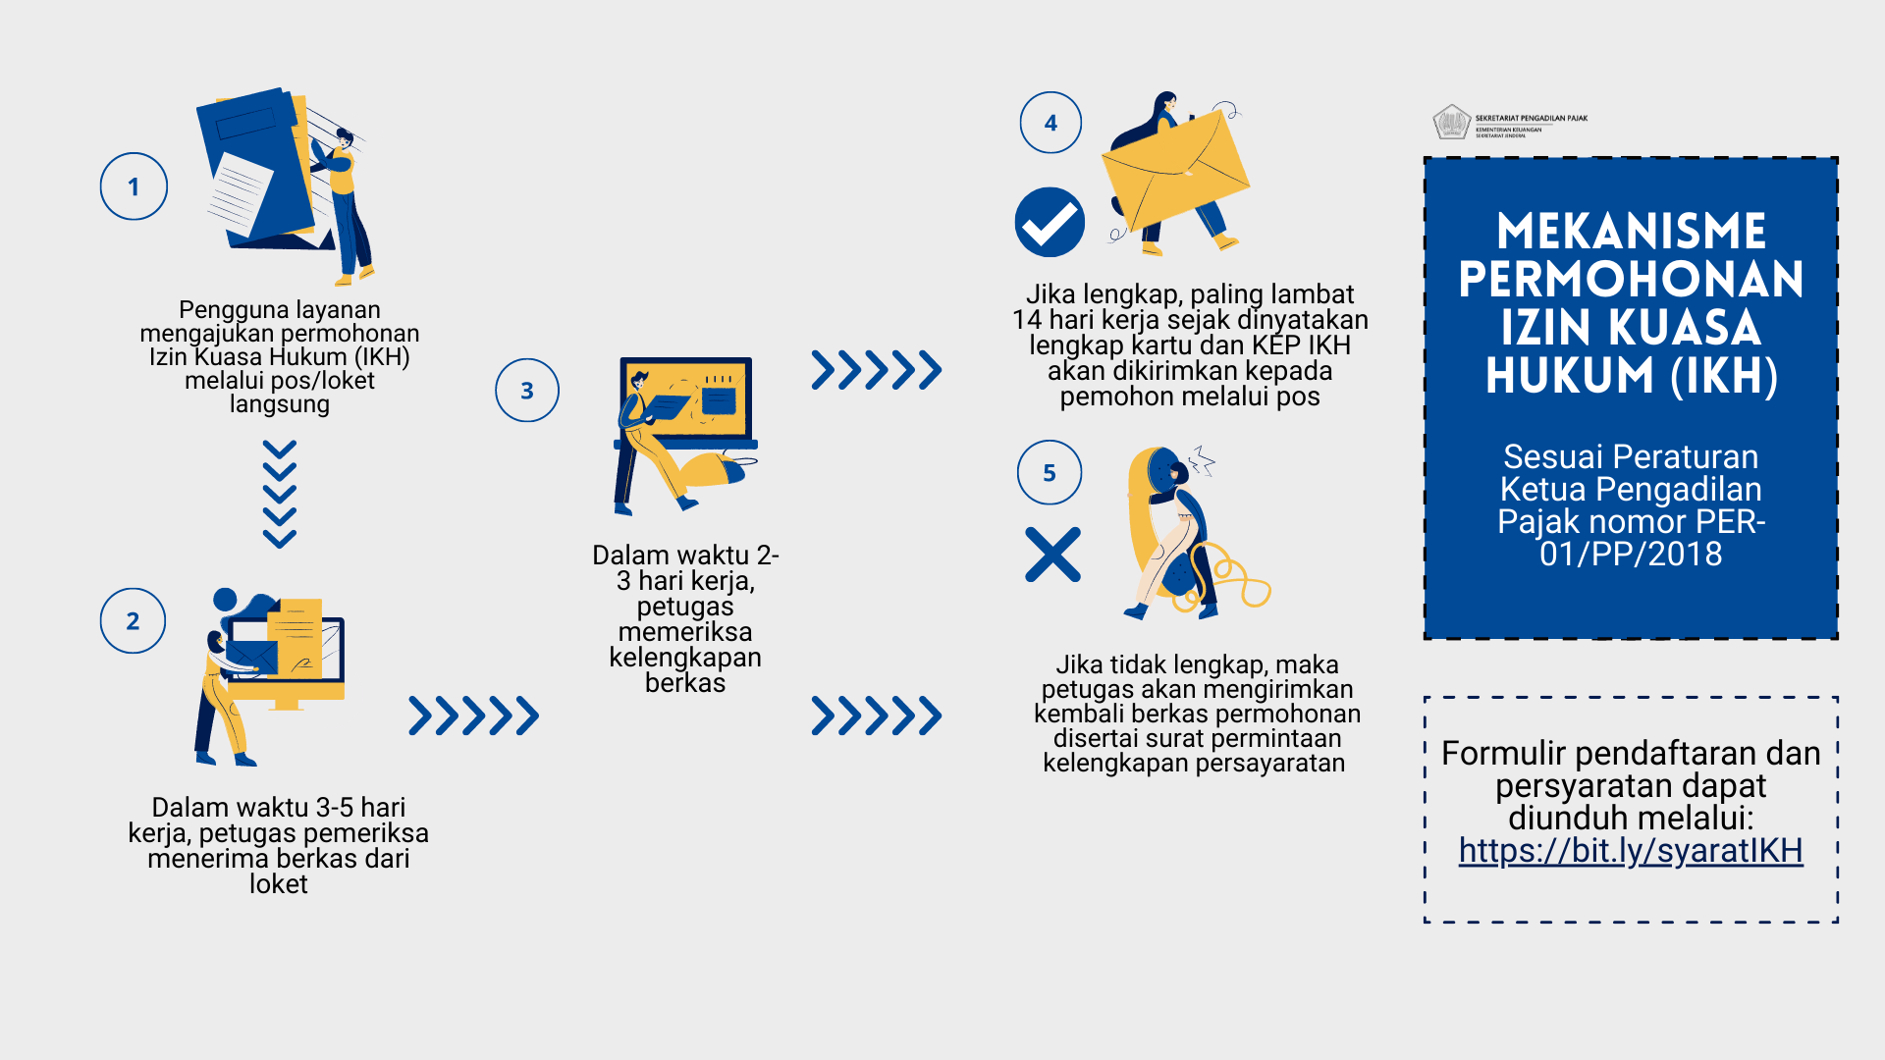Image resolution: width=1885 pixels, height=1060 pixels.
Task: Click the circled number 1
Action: (x=134, y=186)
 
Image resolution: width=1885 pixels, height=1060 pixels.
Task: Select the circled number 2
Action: (x=133, y=620)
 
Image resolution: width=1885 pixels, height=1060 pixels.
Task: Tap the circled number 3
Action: (x=527, y=391)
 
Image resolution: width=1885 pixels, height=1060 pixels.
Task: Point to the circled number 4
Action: (x=1050, y=123)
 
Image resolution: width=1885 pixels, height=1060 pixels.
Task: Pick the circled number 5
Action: (x=1050, y=472)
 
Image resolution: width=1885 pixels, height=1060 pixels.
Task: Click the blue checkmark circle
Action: (x=1050, y=222)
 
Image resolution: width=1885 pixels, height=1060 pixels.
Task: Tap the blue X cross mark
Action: (x=1052, y=555)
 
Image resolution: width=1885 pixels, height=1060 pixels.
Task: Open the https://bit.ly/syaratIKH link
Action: (x=1631, y=850)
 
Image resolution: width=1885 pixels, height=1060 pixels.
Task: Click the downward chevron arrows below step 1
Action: (x=280, y=494)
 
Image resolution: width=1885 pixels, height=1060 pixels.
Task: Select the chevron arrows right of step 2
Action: (x=473, y=715)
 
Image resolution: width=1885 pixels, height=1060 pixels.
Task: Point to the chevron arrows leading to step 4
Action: (x=877, y=370)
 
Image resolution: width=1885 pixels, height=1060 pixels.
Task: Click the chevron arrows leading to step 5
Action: (x=877, y=715)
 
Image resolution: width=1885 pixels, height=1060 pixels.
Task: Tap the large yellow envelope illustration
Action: (x=1175, y=171)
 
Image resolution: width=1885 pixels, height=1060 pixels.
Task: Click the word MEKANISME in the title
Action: (x=1631, y=232)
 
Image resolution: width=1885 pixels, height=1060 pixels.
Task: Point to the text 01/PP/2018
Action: (x=1631, y=554)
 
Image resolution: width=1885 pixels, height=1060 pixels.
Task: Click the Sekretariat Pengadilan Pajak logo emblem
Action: (x=1451, y=123)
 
